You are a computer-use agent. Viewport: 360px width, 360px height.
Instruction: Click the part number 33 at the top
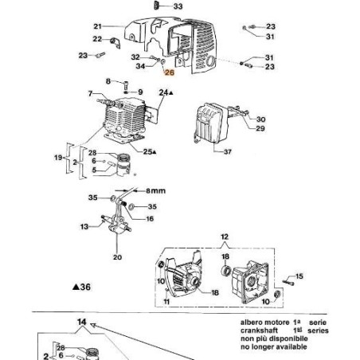(x=178, y=6)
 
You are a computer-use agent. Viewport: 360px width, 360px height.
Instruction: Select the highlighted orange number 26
(x=168, y=71)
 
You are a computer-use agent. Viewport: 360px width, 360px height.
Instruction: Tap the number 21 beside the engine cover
(x=98, y=26)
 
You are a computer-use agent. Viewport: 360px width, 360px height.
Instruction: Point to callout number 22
(x=97, y=39)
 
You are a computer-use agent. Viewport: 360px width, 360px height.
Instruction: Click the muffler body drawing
(x=208, y=127)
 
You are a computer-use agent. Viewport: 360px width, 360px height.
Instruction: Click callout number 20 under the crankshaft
(x=117, y=257)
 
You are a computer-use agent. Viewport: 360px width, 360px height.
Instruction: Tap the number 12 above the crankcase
(x=224, y=237)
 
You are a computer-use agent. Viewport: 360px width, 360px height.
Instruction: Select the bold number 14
(x=80, y=323)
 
